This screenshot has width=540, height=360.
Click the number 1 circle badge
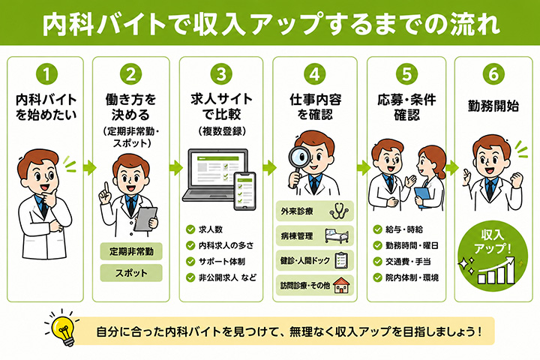(46, 73)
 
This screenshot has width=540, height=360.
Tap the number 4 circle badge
(314, 73)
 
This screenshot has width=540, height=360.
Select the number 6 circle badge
(493, 73)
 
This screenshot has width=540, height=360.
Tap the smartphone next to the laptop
(244, 190)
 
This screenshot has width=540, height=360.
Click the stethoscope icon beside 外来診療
(338, 211)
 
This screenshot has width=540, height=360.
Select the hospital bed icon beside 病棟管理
(337, 236)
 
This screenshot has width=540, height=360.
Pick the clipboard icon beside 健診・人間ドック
(341, 261)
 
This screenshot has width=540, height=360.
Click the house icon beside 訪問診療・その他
(341, 285)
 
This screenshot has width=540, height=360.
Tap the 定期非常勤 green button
(131, 251)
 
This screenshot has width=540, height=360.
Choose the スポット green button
(131, 273)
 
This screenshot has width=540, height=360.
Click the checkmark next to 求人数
(190, 229)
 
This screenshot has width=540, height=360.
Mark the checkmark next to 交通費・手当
(377, 262)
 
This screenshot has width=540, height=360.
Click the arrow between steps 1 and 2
(89, 168)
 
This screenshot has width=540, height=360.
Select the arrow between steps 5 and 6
(451, 168)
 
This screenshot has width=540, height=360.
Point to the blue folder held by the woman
(423, 197)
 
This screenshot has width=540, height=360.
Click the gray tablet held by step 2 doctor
(146, 219)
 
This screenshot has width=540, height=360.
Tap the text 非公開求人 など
(227, 277)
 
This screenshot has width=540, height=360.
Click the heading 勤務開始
(493, 106)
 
